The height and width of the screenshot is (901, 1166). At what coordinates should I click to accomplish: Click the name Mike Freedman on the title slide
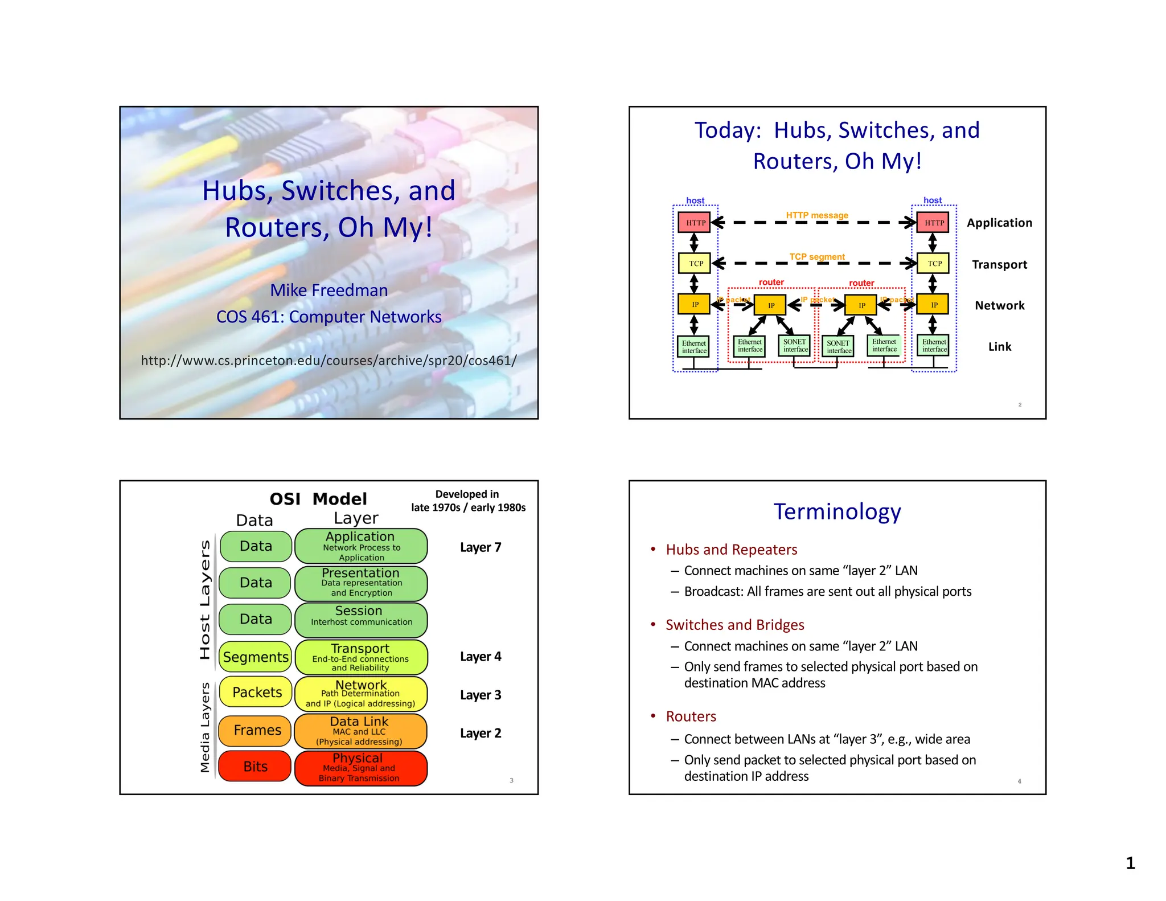pos(329,290)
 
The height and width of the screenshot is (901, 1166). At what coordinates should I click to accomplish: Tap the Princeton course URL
pos(329,361)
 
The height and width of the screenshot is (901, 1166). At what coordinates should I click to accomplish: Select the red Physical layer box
pos(360,768)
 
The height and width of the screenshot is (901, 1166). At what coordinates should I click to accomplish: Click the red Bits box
pos(255,767)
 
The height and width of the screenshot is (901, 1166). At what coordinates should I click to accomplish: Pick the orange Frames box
pos(256,730)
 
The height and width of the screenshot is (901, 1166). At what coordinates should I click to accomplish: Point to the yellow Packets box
pos(256,692)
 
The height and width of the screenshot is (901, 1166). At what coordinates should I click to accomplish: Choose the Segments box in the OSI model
pos(256,657)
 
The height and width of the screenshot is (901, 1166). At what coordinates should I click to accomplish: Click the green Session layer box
pos(360,619)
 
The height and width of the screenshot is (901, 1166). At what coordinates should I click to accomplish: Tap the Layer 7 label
pos(481,547)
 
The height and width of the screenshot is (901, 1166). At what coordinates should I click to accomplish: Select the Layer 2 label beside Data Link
pos(481,733)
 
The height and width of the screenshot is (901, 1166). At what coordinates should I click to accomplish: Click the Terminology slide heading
pos(837,511)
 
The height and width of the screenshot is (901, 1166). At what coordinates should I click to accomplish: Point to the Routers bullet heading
pos(691,716)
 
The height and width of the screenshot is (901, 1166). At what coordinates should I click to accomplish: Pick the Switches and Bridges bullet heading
pos(734,625)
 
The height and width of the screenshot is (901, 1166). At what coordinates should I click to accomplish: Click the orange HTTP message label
pos(817,215)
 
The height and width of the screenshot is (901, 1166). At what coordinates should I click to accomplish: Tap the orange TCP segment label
pos(817,257)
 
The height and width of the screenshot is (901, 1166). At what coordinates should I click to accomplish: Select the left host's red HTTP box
pos(695,223)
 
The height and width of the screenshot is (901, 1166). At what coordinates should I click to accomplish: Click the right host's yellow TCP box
pos(934,264)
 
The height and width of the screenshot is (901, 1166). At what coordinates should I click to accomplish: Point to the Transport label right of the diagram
pos(999,264)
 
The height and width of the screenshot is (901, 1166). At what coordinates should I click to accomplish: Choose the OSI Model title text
pos(318,499)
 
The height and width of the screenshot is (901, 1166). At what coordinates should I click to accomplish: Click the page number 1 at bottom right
pos(1130,863)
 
